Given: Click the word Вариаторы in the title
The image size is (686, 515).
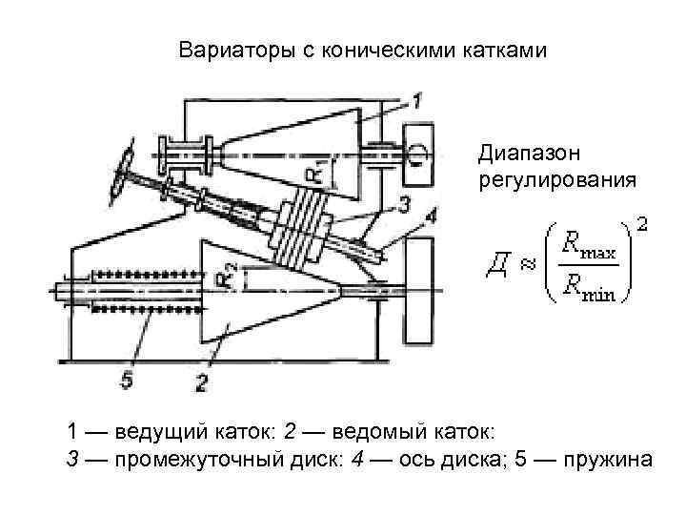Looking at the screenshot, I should (x=225, y=49).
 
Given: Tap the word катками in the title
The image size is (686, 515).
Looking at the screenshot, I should (x=506, y=49).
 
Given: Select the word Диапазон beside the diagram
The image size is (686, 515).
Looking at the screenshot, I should (x=520, y=152).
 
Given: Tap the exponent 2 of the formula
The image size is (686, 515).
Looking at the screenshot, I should (x=643, y=224).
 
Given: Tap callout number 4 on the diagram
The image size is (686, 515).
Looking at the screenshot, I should (x=431, y=217).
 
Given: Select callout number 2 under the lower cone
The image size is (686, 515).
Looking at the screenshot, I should (x=201, y=384).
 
